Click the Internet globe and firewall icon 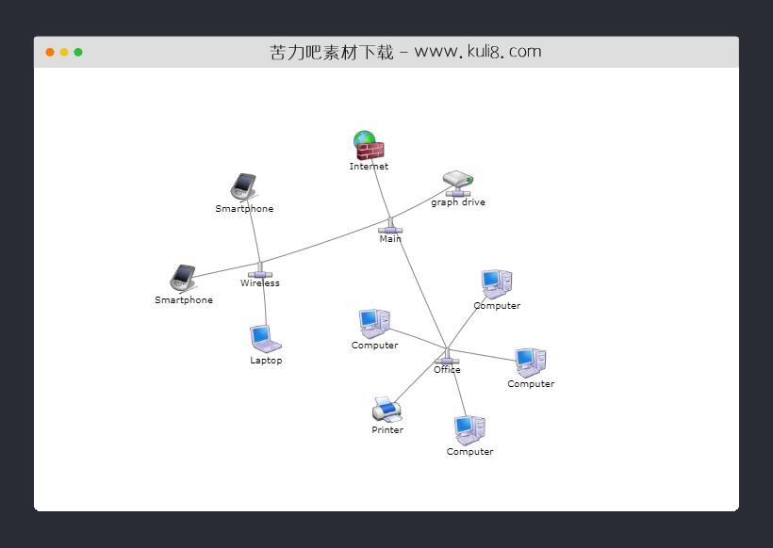(x=369, y=145)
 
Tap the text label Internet (x=369, y=167)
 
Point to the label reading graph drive (x=458, y=202)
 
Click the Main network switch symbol (x=390, y=227)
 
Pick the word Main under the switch (x=390, y=239)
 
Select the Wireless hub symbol (x=260, y=272)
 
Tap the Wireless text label (x=260, y=283)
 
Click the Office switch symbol (x=447, y=358)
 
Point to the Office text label (x=447, y=370)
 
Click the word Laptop (x=266, y=361)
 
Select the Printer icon (x=386, y=409)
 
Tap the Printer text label (x=387, y=430)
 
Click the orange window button (x=50, y=52)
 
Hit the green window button (x=78, y=52)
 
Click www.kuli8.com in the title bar (x=478, y=52)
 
